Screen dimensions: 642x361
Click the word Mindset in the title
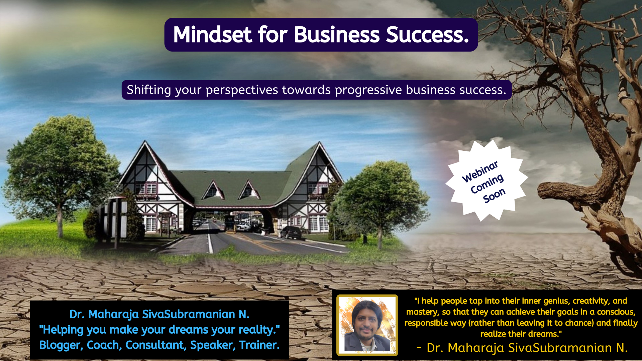[x=212, y=35]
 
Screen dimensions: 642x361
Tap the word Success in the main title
[x=428, y=35]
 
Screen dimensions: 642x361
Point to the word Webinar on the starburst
[x=480, y=171]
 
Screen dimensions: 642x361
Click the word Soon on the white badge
[x=494, y=195]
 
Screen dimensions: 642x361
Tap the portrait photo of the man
[x=367, y=325]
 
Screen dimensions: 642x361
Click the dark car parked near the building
[x=291, y=232]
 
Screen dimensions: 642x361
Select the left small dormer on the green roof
[x=213, y=191]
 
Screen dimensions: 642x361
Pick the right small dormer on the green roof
[x=249, y=190]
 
